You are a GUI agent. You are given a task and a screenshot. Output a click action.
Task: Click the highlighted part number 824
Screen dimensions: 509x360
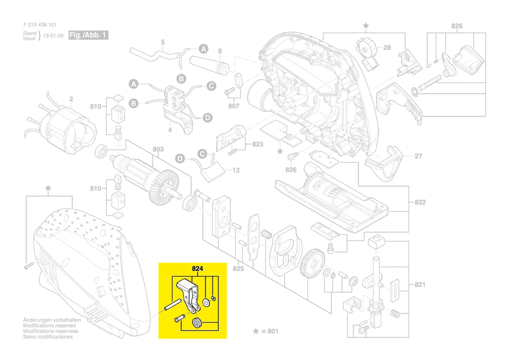coord(197,268)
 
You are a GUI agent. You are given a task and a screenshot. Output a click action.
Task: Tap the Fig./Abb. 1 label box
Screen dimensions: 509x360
coord(88,35)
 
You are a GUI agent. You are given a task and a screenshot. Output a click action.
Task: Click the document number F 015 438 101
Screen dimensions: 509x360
coord(40,25)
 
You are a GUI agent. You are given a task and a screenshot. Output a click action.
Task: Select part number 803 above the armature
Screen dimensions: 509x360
coord(158,149)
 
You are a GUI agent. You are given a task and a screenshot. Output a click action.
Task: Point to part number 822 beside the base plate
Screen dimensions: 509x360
coord(420,202)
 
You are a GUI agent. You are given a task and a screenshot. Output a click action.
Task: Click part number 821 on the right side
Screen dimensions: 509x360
coord(420,285)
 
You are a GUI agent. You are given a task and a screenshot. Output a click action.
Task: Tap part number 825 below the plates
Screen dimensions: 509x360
coord(238,268)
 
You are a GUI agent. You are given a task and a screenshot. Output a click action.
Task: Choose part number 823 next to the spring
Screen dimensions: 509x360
coord(258,144)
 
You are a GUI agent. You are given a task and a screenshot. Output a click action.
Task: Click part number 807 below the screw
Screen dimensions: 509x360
coord(234,106)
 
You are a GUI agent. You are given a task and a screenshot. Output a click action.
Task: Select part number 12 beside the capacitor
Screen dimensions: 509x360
coord(236,170)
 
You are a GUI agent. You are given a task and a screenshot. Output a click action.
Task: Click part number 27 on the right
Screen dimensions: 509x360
coord(418,156)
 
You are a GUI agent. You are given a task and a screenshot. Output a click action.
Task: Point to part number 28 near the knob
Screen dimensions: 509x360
coord(387,48)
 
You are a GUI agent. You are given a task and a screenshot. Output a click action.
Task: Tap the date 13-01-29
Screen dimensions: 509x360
coord(53,36)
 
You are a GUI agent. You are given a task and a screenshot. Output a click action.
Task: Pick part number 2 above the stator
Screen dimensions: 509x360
coord(71,99)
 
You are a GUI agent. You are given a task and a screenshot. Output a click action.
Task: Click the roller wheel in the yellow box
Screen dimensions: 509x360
coord(197,324)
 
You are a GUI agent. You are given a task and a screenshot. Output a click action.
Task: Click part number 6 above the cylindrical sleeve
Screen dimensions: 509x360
coord(220,51)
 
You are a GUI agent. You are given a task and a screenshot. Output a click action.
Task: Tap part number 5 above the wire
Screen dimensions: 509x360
coord(163,42)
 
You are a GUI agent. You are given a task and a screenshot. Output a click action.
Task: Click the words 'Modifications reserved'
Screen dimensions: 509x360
coord(49,326)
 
